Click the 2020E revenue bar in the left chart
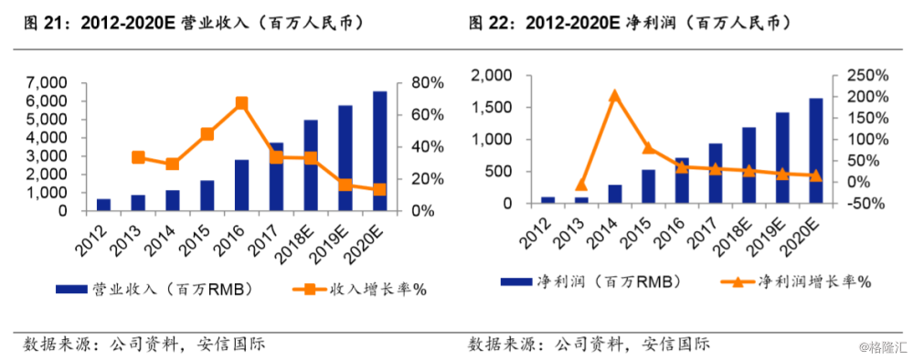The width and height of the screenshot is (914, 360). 380,152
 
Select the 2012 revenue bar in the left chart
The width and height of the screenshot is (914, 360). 103,205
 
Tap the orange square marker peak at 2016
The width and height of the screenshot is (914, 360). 242,103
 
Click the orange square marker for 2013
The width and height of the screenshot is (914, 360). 138,157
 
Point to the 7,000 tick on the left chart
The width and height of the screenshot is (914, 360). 46,83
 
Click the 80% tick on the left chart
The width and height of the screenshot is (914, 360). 427,83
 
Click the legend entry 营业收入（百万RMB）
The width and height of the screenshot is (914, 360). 155,290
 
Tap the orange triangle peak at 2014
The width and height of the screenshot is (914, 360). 615,95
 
